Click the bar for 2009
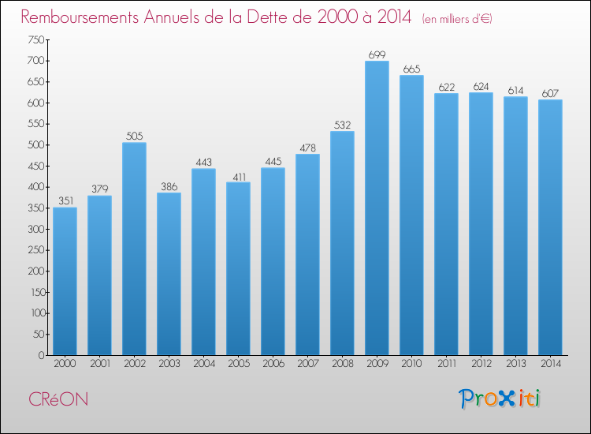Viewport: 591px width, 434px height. tap(377, 208)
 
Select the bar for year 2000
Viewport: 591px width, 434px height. tap(65, 281)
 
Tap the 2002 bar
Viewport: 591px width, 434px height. tap(134, 249)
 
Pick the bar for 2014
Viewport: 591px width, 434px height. tap(550, 227)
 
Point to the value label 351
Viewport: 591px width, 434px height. tap(65, 201)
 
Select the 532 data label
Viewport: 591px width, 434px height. tap(342, 125)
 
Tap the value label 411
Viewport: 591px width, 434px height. tap(238, 176)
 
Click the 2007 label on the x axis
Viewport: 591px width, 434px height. tap(307, 364)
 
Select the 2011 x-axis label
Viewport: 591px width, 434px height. tap(446, 364)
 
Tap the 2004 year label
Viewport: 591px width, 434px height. tap(203, 364)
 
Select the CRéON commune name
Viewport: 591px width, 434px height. tap(60, 399)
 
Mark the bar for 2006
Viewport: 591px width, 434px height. tap(273, 261)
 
